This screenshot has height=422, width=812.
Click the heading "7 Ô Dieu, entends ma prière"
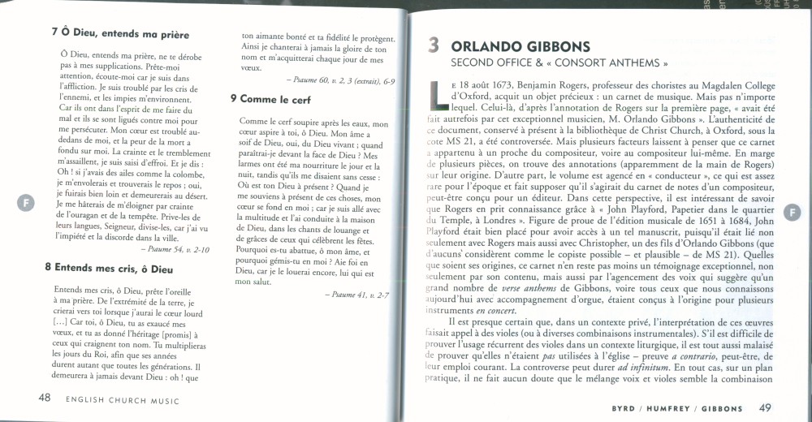(x=119, y=35)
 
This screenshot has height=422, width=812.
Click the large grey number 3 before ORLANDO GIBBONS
(x=434, y=46)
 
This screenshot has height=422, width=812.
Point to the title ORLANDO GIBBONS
(x=520, y=46)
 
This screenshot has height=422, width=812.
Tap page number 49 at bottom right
(x=766, y=407)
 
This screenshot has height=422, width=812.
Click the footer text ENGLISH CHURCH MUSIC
(x=123, y=400)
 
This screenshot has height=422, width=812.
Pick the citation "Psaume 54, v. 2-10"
(x=177, y=249)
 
